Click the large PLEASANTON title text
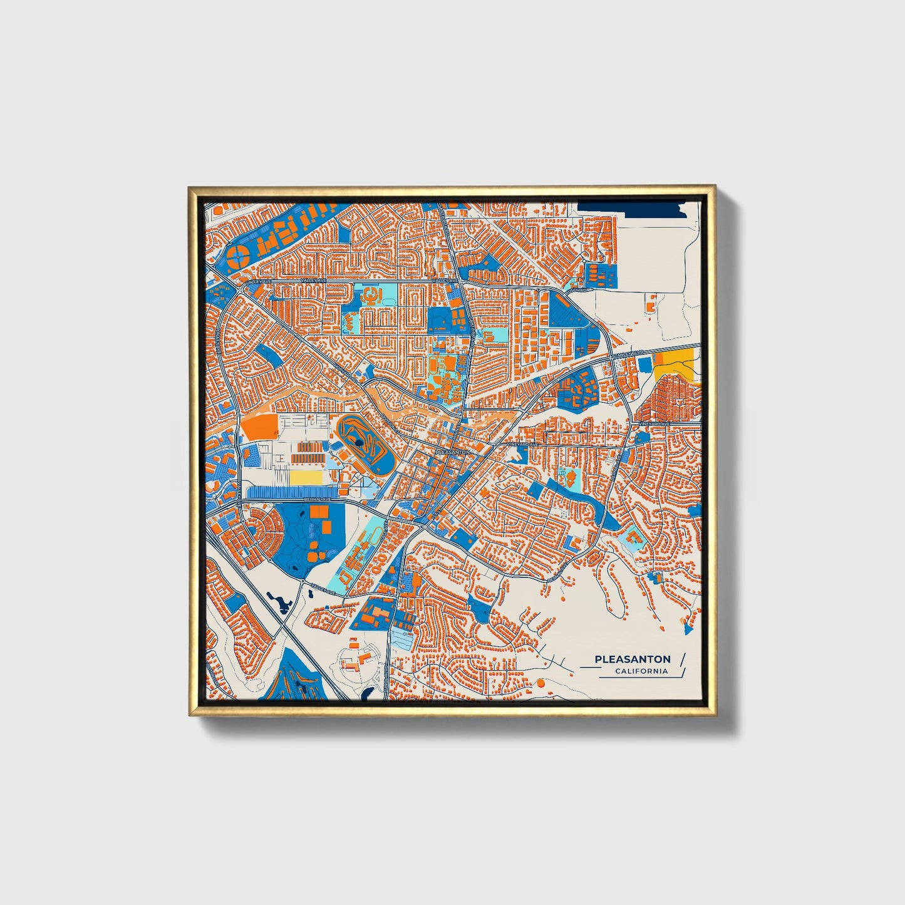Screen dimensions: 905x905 632,659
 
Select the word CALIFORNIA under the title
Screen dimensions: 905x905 641,671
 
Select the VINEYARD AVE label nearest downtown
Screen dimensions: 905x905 523,444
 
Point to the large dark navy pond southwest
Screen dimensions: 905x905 279,602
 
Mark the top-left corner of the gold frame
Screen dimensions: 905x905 190,187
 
